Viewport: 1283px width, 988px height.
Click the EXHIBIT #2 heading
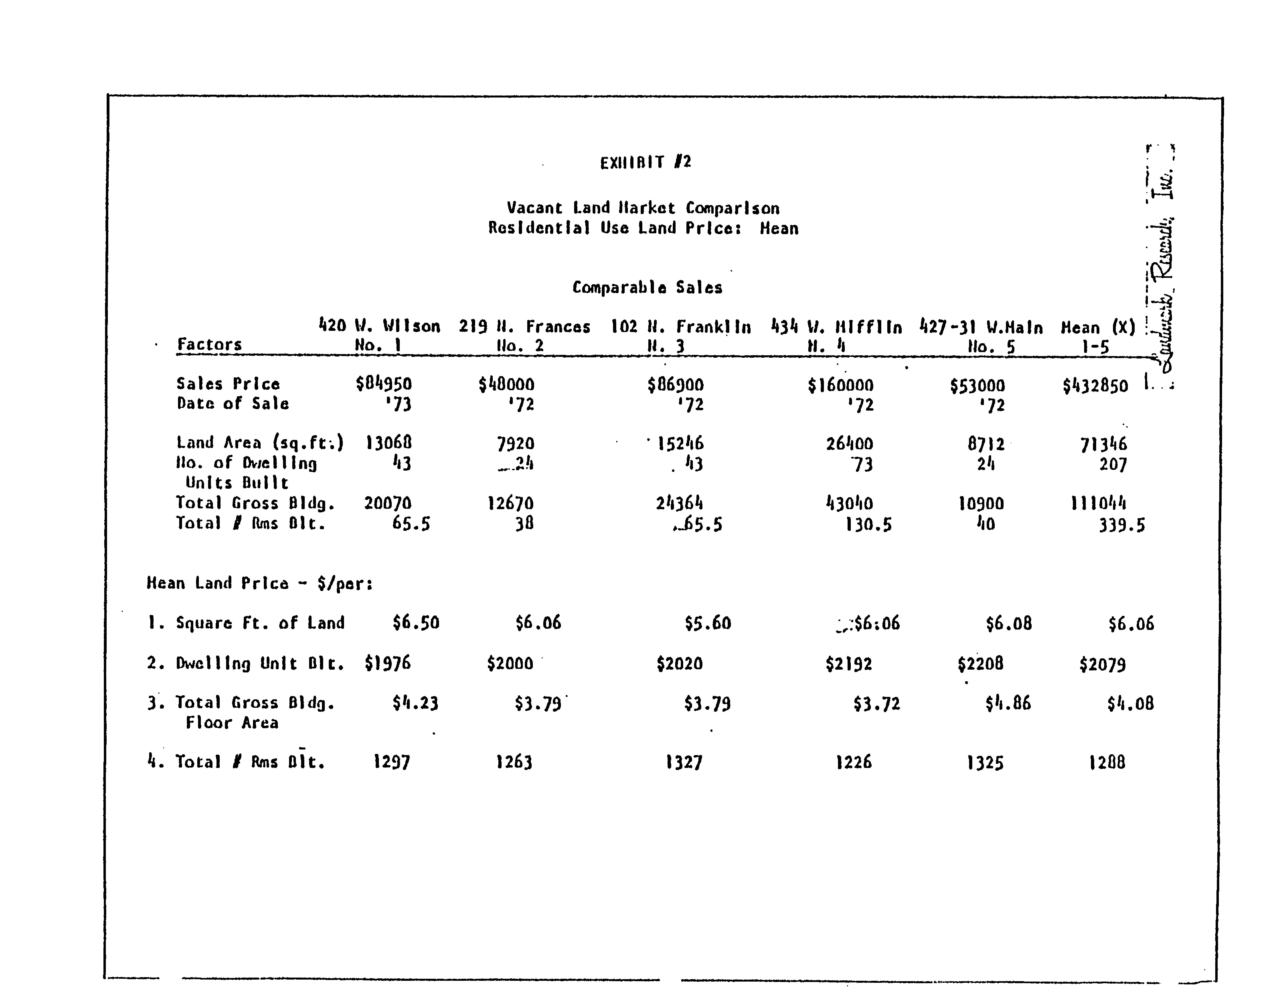[645, 162]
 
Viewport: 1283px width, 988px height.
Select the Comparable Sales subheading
[647, 287]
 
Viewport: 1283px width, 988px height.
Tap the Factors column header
[209, 344]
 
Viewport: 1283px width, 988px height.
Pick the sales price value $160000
[840, 386]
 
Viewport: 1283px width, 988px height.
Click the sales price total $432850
[1095, 386]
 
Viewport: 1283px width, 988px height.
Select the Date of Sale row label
[233, 404]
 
